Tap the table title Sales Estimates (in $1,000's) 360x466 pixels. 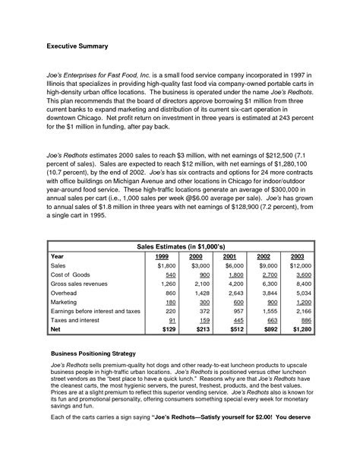point(179,247)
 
